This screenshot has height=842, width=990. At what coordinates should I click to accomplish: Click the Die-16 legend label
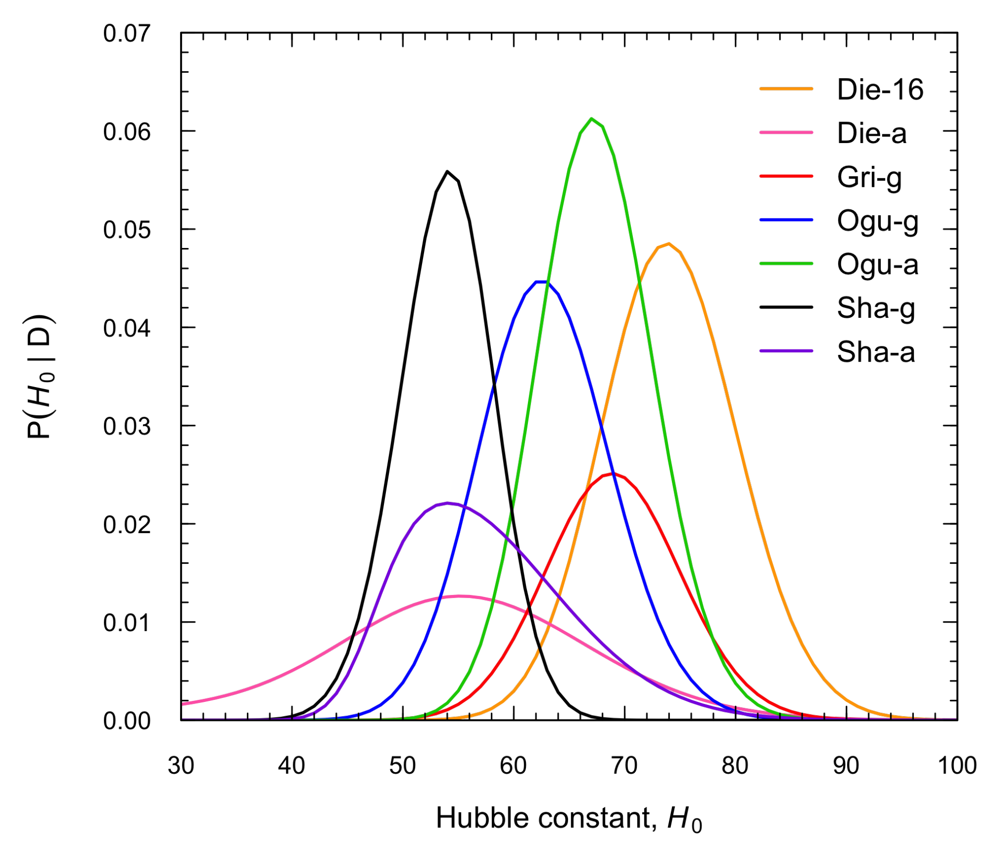point(880,89)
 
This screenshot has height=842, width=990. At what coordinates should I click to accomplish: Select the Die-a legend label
point(871,133)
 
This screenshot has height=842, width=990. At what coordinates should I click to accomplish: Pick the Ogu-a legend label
point(877,264)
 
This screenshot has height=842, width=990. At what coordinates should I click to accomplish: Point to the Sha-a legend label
point(875,351)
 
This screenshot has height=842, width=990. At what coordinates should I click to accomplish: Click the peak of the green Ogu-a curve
point(591,119)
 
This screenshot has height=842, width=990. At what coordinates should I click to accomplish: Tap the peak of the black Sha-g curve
point(447,171)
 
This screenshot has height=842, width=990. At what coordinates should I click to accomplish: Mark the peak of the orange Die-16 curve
point(668,243)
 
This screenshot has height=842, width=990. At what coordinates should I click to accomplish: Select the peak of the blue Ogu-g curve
point(542,282)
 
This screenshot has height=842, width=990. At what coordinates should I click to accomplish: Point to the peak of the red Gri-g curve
point(612,473)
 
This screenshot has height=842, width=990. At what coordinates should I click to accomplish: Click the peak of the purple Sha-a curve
point(447,503)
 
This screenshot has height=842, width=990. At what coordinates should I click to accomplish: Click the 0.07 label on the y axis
point(126,34)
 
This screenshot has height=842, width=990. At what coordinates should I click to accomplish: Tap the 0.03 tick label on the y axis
point(126,426)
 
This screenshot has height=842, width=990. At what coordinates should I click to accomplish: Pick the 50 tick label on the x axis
point(402,765)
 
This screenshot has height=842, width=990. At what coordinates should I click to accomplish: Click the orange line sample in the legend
point(786,89)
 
